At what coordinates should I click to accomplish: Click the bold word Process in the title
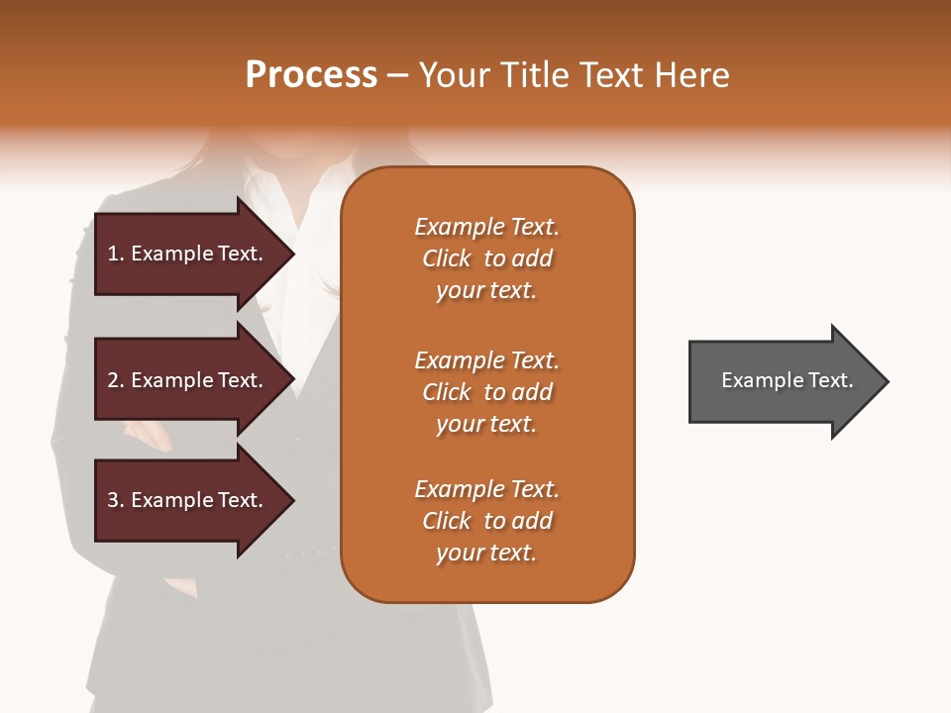311,75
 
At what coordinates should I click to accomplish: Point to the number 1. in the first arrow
116,254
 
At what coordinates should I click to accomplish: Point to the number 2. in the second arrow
116,380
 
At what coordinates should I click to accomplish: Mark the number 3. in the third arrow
116,500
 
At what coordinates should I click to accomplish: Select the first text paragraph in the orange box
486,258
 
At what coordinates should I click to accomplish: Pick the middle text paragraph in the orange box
486,392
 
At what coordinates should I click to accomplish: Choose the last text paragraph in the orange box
486,521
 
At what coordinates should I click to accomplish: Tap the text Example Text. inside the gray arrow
787,380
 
